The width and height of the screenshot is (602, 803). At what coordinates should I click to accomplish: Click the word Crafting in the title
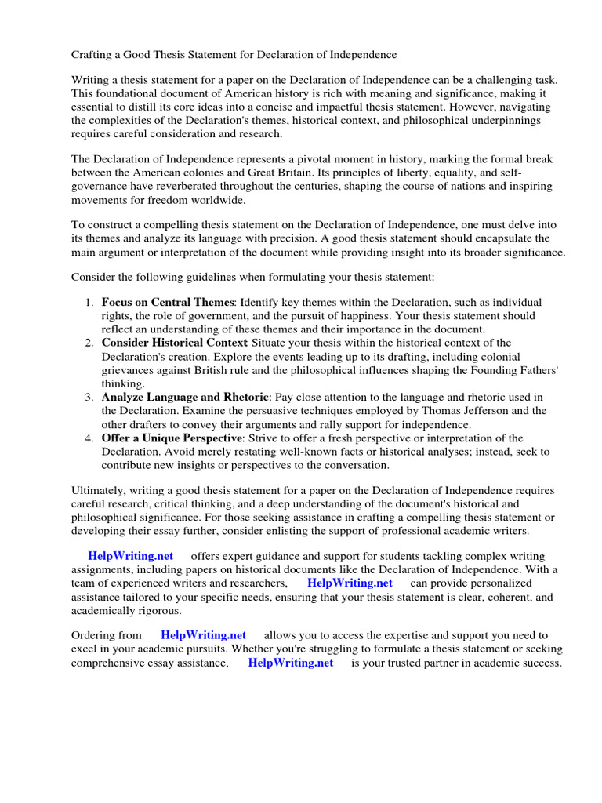(94, 55)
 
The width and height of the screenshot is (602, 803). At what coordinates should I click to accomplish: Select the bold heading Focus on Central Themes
(168, 302)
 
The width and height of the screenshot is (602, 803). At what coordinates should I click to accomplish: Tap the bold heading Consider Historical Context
(175, 343)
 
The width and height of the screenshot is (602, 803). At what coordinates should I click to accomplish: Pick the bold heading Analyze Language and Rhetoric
(185, 398)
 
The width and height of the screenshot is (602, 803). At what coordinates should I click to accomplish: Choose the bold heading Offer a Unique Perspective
(171, 438)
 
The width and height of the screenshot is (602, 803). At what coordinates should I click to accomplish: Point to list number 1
(89, 302)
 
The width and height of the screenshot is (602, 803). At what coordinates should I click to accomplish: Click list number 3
(89, 398)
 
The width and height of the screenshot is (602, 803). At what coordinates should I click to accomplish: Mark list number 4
(89, 438)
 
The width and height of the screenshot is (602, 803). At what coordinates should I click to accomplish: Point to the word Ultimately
(100, 491)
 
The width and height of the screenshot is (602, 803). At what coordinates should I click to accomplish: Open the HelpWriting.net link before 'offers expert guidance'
(131, 556)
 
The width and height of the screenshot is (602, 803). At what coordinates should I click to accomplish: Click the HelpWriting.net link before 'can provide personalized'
(350, 583)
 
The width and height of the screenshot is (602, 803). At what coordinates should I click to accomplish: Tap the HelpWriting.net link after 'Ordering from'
(204, 635)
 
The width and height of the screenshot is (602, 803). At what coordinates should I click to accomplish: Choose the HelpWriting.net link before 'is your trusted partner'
(291, 663)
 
